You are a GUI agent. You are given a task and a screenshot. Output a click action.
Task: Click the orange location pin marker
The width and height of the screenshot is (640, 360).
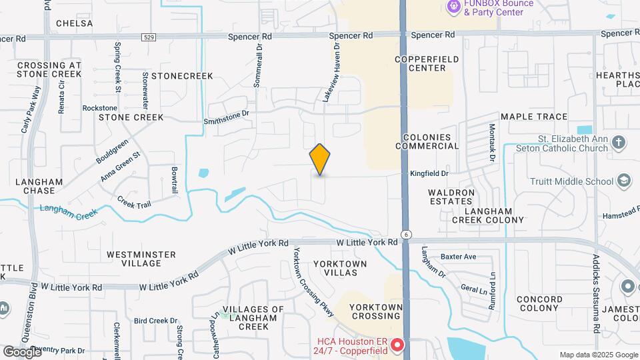point(320,159)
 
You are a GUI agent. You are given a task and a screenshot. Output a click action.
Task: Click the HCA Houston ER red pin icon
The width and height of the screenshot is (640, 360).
point(397,345)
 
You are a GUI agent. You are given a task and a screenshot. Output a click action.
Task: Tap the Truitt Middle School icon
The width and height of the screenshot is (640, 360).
point(623,181)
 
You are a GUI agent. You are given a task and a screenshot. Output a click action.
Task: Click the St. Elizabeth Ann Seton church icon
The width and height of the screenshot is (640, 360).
point(619,142)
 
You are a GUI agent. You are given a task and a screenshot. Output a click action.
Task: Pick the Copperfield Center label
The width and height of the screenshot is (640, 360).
point(427,63)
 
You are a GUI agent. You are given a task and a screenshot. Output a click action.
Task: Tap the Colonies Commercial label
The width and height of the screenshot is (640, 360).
point(427,141)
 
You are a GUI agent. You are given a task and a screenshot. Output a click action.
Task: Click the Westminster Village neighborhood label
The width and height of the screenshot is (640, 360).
point(141,259)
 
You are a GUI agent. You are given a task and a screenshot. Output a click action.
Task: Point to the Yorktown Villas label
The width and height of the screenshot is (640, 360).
point(340,269)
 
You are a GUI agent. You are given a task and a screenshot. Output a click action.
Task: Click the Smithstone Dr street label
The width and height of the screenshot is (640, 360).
point(226,117)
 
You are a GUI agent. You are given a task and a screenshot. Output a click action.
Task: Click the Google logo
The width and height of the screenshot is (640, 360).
point(22,351)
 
